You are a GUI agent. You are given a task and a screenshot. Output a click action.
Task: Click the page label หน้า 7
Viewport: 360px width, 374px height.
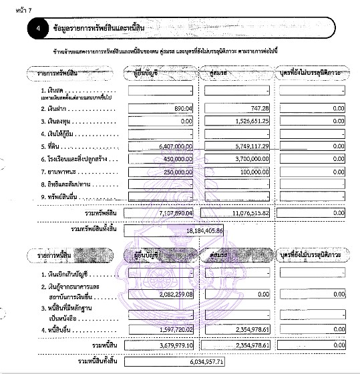(15, 9)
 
